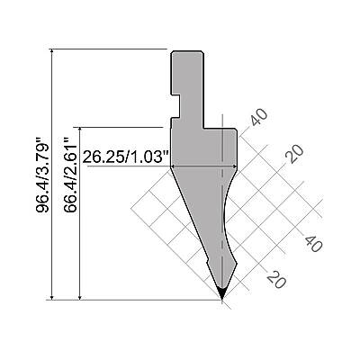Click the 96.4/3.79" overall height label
(42, 175)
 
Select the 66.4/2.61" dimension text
(70, 175)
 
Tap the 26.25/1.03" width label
(127, 157)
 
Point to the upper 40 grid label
(259, 117)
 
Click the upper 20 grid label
(294, 154)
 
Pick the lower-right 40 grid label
(314, 243)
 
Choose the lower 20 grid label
(276, 280)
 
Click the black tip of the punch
(221, 292)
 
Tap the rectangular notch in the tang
(175, 106)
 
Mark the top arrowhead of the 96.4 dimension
(52, 51)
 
